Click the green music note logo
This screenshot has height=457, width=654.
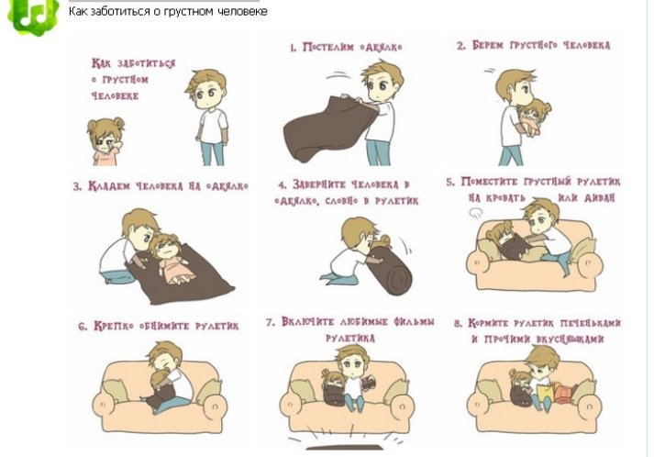pyautogui.click(x=33, y=16)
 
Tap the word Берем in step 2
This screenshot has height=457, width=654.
pyautogui.click(x=488, y=45)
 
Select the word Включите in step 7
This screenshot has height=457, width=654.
pyautogui.click(x=307, y=322)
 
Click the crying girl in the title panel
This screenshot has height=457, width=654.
pyautogui.click(x=105, y=141)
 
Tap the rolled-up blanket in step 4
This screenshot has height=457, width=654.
pyautogui.click(x=391, y=270)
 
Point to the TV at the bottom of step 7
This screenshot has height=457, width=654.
pyautogui.click(x=345, y=448)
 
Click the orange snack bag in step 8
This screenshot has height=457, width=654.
pyautogui.click(x=564, y=394)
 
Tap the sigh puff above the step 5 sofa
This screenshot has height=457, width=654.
pyautogui.click(x=475, y=214)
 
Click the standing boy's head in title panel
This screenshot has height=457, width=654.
pyautogui.click(x=207, y=88)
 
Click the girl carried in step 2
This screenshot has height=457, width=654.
pyautogui.click(x=534, y=117)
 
